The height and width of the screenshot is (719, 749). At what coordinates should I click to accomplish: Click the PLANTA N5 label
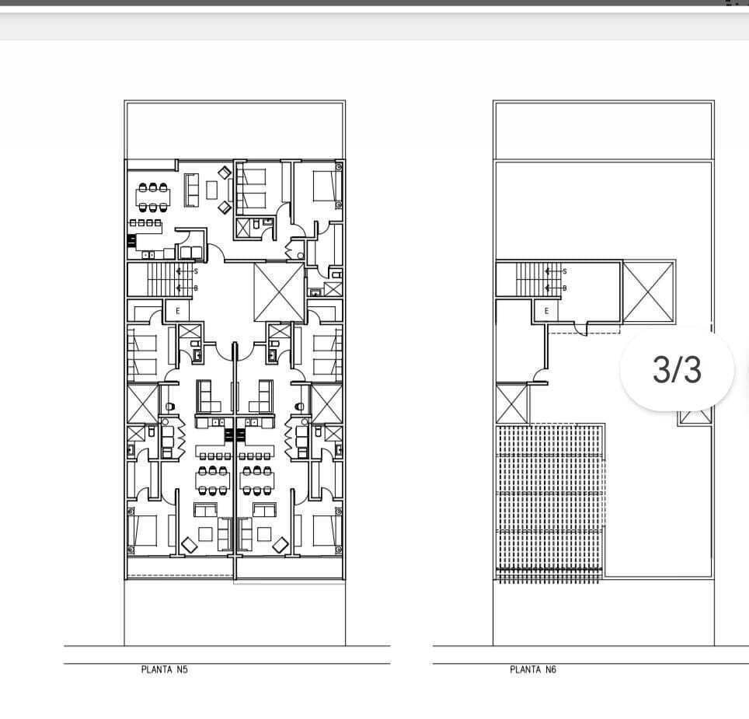164,669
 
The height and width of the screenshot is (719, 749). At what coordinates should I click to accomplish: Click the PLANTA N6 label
533,669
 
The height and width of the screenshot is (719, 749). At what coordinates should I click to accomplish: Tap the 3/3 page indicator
677,370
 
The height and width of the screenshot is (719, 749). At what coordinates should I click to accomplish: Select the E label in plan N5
178,311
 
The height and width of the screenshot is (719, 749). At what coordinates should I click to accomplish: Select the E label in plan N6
547,311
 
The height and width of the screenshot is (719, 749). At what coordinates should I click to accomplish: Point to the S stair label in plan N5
196,271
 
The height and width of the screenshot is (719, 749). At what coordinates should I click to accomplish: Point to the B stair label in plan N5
196,288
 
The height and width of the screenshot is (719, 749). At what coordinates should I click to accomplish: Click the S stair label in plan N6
565,271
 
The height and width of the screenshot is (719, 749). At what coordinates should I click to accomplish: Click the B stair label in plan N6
565,288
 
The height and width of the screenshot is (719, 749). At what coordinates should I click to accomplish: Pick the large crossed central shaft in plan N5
280,292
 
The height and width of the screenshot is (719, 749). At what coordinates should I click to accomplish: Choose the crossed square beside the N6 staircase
649,292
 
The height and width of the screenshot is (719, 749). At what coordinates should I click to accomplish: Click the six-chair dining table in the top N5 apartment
153,197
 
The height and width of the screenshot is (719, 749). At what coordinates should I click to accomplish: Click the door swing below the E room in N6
581,329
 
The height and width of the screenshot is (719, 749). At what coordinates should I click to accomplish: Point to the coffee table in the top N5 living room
211,190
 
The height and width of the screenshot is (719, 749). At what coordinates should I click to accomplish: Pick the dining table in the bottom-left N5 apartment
213,480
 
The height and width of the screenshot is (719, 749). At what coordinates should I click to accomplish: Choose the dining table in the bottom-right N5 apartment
257,480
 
